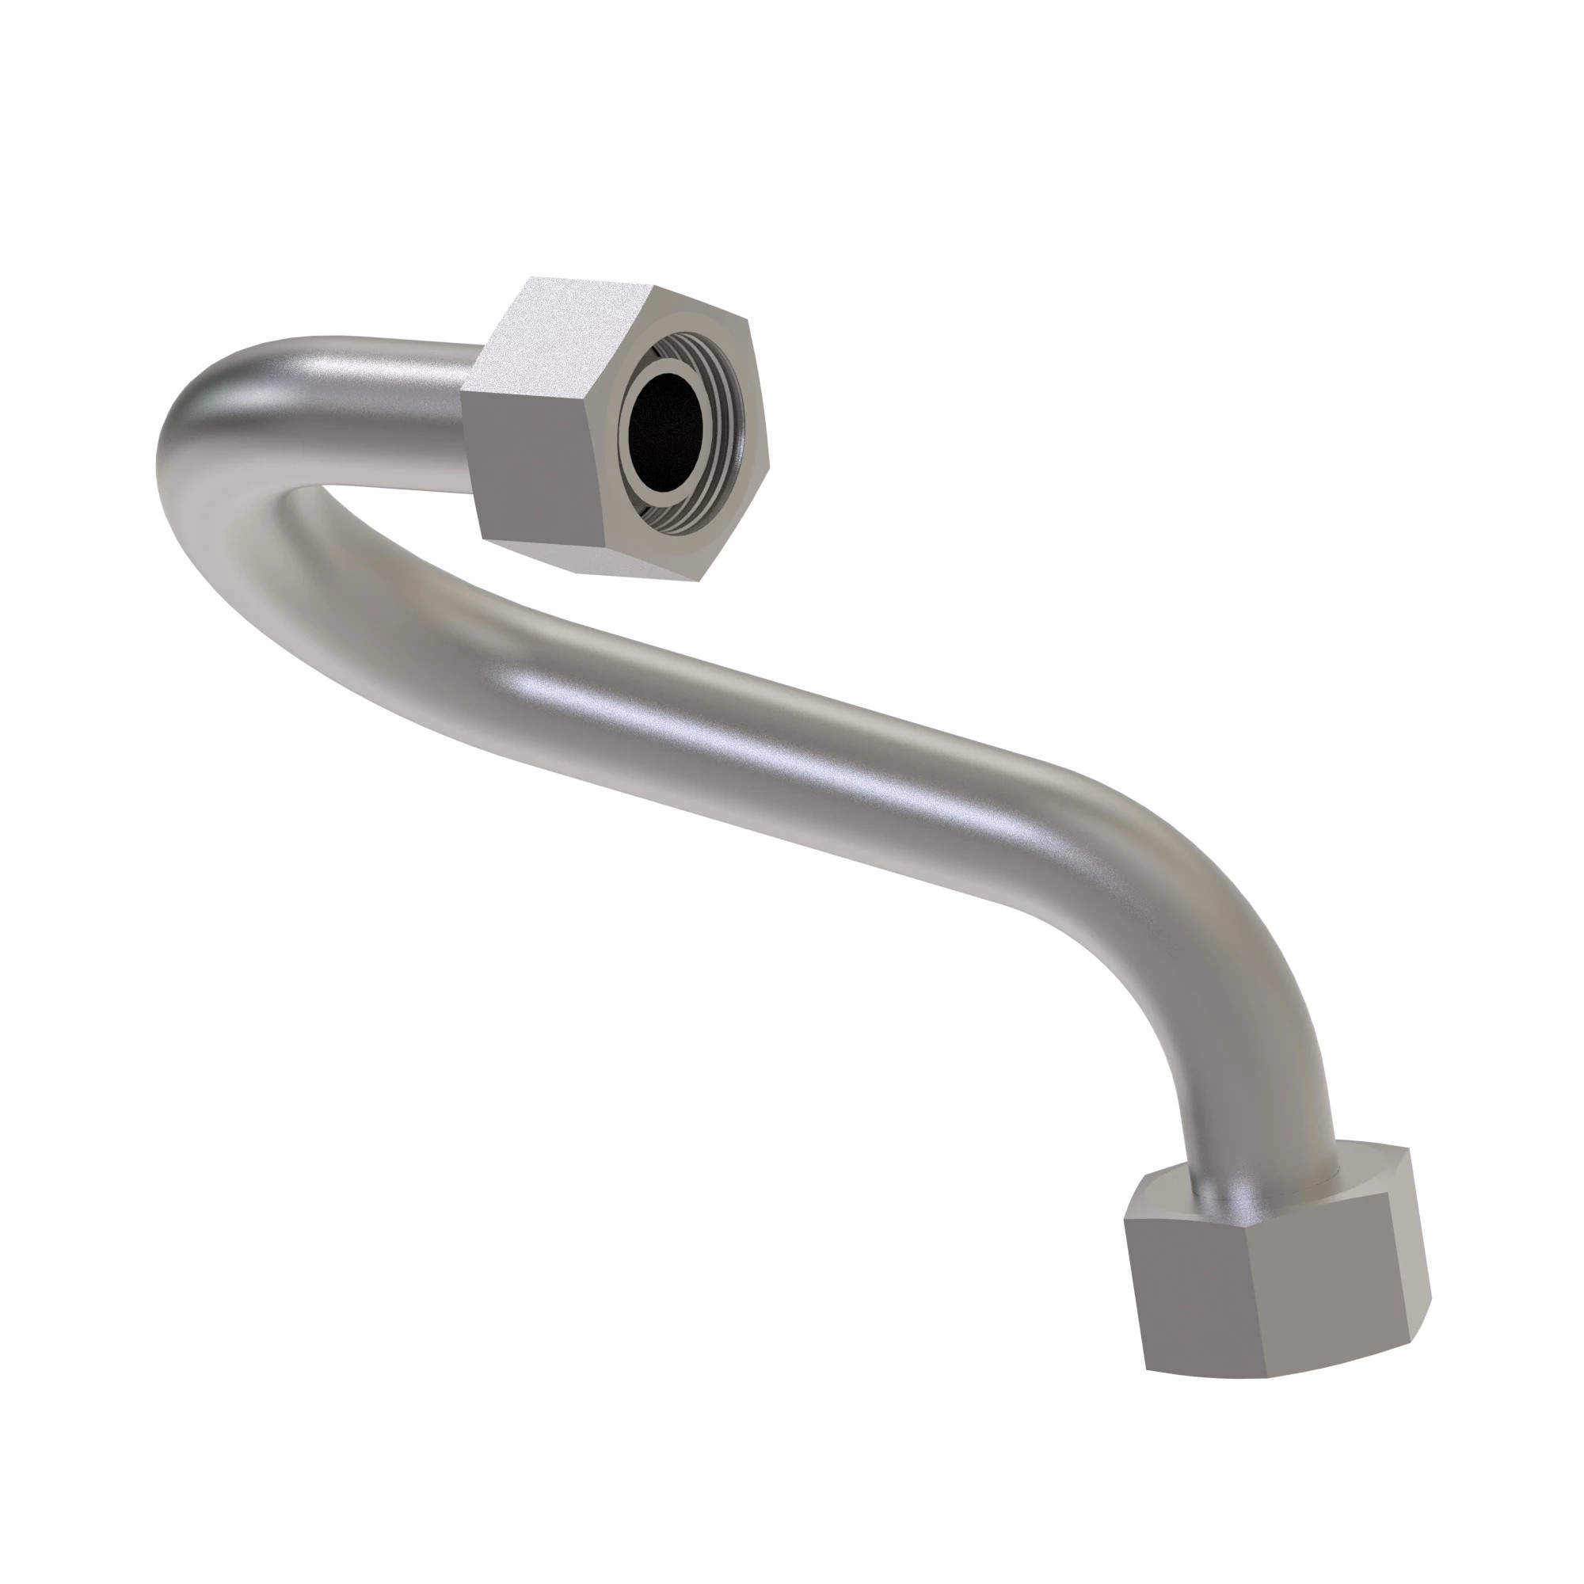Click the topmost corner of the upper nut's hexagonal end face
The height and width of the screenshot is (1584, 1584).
654,287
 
